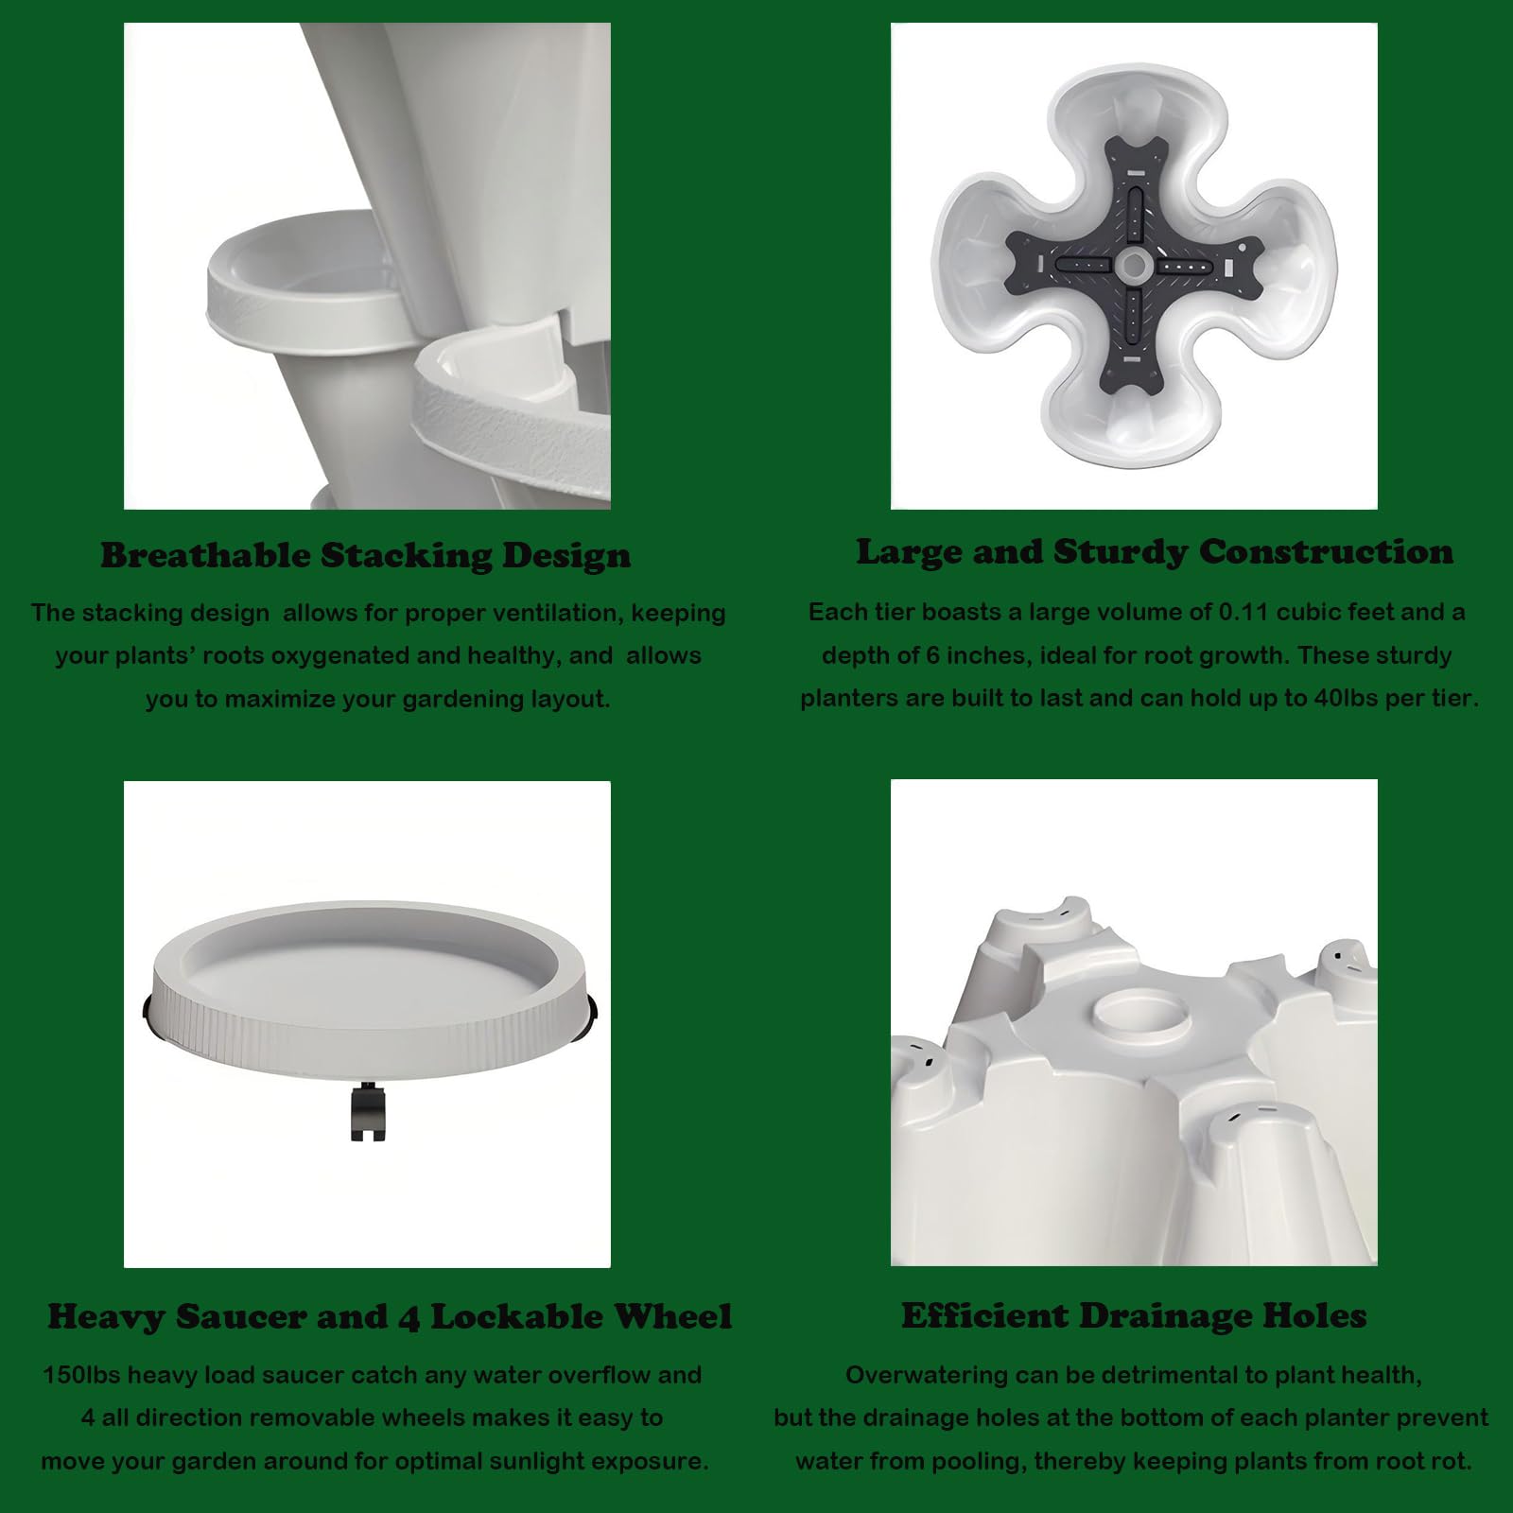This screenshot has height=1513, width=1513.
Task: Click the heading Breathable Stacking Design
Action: pyautogui.click(x=366, y=555)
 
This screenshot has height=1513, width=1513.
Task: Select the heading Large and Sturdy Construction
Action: pyautogui.click(x=1155, y=551)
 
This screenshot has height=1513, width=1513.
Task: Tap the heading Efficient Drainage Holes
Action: pyautogui.click(x=1134, y=1315)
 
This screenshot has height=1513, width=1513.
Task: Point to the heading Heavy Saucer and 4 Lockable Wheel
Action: pyautogui.click(x=390, y=1316)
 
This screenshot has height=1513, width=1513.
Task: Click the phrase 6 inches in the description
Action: pyautogui.click(x=973, y=655)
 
